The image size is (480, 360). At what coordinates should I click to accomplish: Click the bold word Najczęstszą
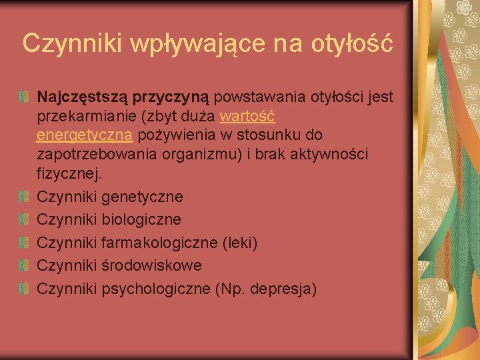pyautogui.click(x=83, y=98)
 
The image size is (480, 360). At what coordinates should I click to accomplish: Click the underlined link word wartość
pyautogui.click(x=247, y=117)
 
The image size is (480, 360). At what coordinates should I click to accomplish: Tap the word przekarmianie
pyautogui.click(x=87, y=117)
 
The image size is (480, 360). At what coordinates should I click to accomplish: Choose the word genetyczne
pyautogui.click(x=142, y=197)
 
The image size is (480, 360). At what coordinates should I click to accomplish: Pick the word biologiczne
pyautogui.click(x=141, y=219)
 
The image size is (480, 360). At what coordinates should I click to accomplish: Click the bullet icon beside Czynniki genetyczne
pyautogui.click(x=24, y=197)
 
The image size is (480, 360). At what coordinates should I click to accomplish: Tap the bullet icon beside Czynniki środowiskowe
pyautogui.click(x=24, y=265)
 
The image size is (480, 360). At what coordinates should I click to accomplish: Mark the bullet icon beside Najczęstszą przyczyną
pyautogui.click(x=24, y=98)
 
